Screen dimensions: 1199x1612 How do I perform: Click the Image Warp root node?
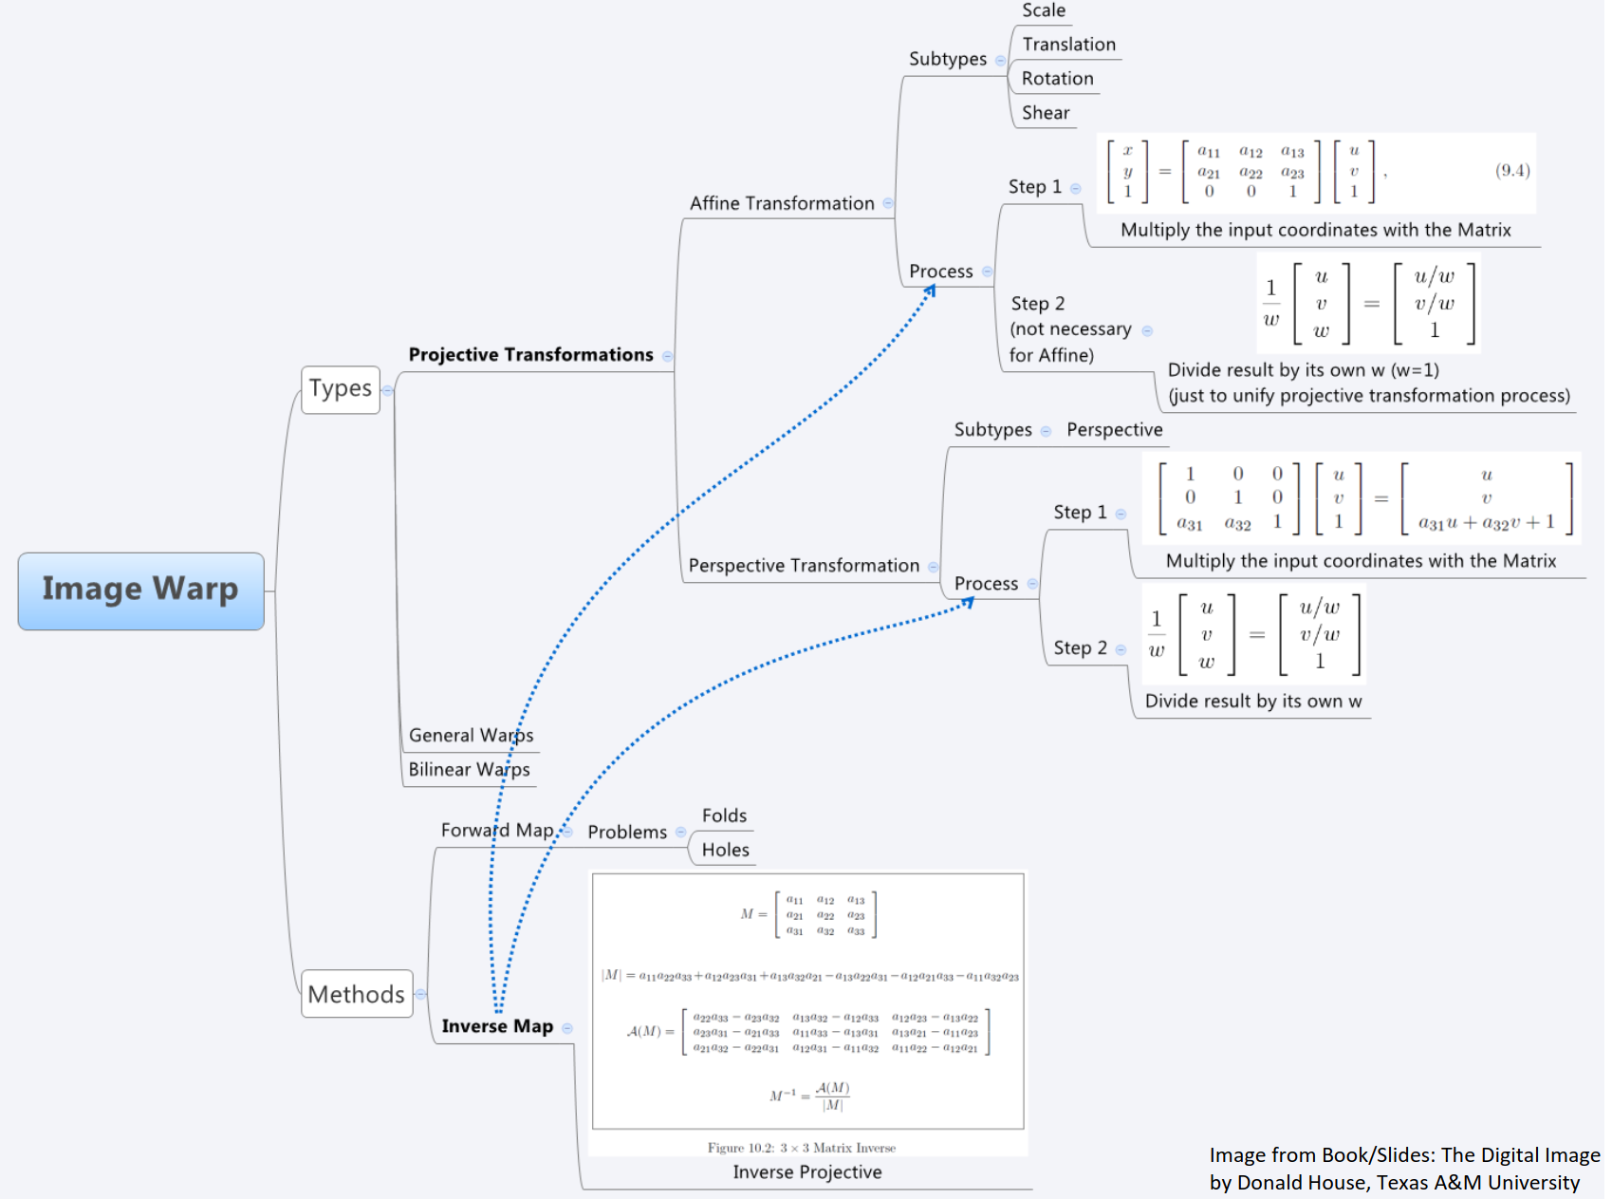click(x=140, y=590)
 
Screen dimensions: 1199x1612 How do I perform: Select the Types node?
click(x=340, y=389)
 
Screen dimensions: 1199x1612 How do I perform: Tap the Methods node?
click(x=356, y=994)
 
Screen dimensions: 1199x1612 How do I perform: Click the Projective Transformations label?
click(x=530, y=355)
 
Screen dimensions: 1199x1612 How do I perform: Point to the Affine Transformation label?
click(x=781, y=203)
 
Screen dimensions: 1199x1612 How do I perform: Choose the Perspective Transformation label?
click(x=803, y=566)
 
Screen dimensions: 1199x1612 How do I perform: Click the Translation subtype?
click(x=1068, y=45)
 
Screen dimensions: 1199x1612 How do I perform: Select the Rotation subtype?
click(x=1057, y=79)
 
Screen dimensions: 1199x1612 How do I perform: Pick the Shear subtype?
click(x=1045, y=113)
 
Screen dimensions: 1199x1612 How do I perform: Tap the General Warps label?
click(x=471, y=736)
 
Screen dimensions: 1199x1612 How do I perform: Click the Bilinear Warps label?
click(x=469, y=770)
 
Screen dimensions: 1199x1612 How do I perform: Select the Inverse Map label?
click(x=497, y=1026)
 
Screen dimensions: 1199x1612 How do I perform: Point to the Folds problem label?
click(x=724, y=816)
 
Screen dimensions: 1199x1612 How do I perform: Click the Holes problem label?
click(x=725, y=851)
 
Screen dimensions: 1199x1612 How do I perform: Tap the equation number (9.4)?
click(x=1512, y=171)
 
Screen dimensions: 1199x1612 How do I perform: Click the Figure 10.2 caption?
click(x=801, y=1148)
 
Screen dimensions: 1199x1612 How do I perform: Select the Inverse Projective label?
click(x=806, y=1172)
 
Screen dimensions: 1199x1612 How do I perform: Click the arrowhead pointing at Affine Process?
click(x=931, y=290)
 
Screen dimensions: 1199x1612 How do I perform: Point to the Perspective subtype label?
click(x=1114, y=430)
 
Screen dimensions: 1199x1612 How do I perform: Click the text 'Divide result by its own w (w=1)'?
click(x=1303, y=370)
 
